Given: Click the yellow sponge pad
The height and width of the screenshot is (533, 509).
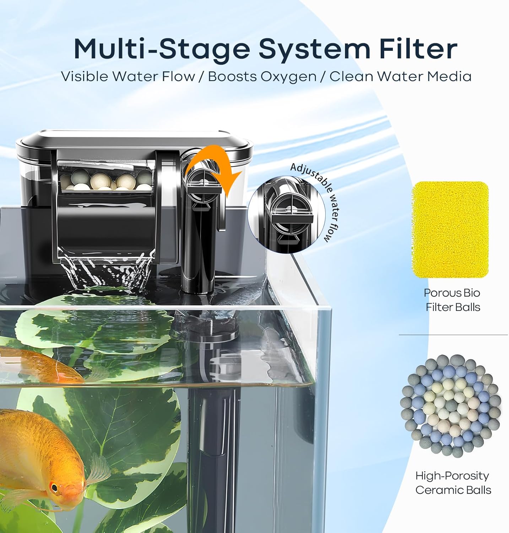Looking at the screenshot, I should [x=450, y=229].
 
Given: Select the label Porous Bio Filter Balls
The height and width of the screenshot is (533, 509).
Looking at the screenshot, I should [x=452, y=300].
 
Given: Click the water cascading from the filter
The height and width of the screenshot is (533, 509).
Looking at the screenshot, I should [x=107, y=270].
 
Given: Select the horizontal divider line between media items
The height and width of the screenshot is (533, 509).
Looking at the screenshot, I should [x=453, y=334].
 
